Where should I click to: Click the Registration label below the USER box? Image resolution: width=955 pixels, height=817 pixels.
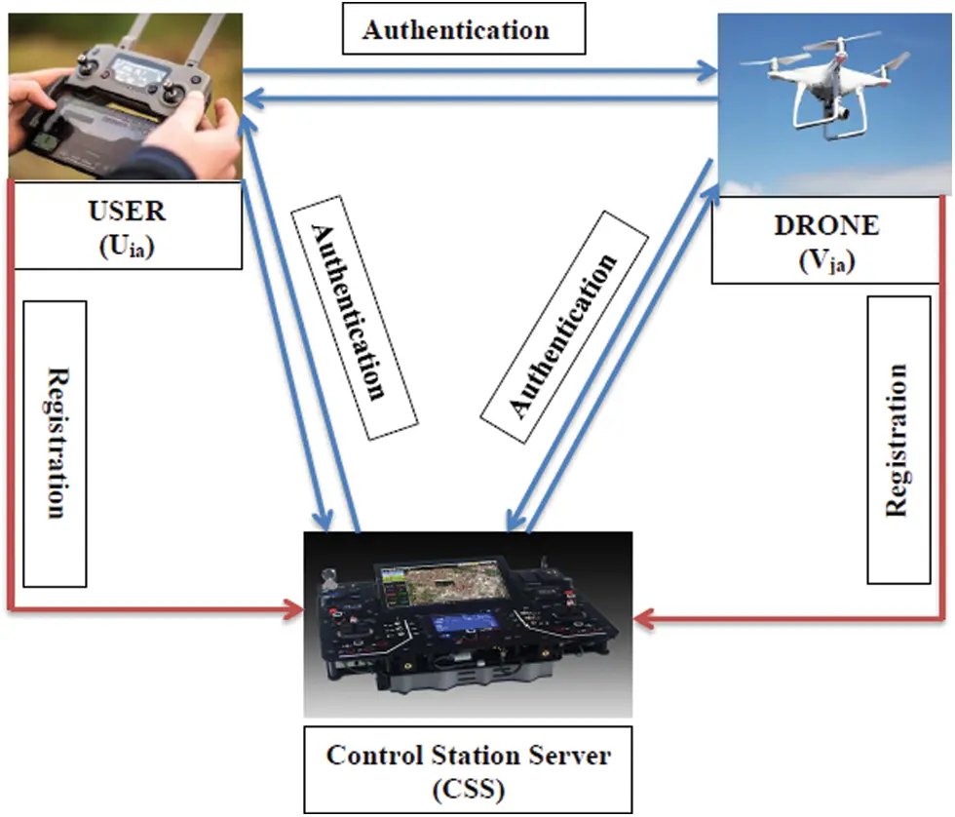55,444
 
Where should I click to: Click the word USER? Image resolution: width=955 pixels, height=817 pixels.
128,212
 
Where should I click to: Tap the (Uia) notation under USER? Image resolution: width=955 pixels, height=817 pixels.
128,246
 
